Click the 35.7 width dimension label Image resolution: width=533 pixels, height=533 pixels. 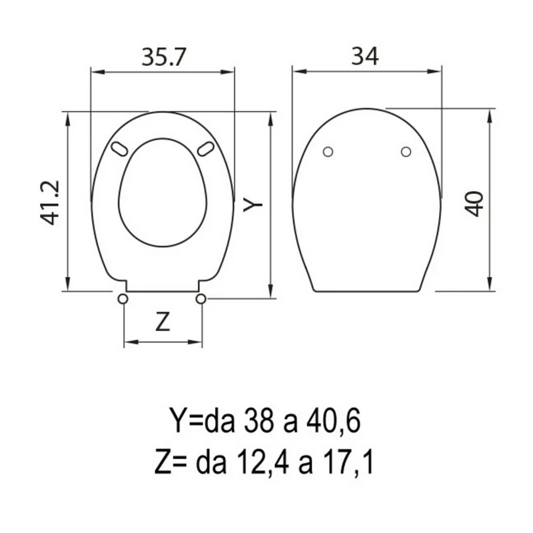coord(164,57)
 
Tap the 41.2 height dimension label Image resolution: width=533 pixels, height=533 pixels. coord(51,203)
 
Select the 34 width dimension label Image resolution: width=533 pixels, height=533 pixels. coord(364,57)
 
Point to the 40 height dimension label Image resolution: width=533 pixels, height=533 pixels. coord(474,204)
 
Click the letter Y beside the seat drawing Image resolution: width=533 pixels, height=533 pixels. coord(253,204)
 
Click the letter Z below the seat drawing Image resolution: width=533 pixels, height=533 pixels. coord(163,322)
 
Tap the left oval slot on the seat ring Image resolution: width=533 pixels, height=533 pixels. coord(119,149)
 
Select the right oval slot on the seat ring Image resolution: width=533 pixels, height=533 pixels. coord(206,149)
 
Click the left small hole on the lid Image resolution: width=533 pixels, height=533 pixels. coord(328,152)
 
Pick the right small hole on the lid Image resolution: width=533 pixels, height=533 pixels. coord(406,152)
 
